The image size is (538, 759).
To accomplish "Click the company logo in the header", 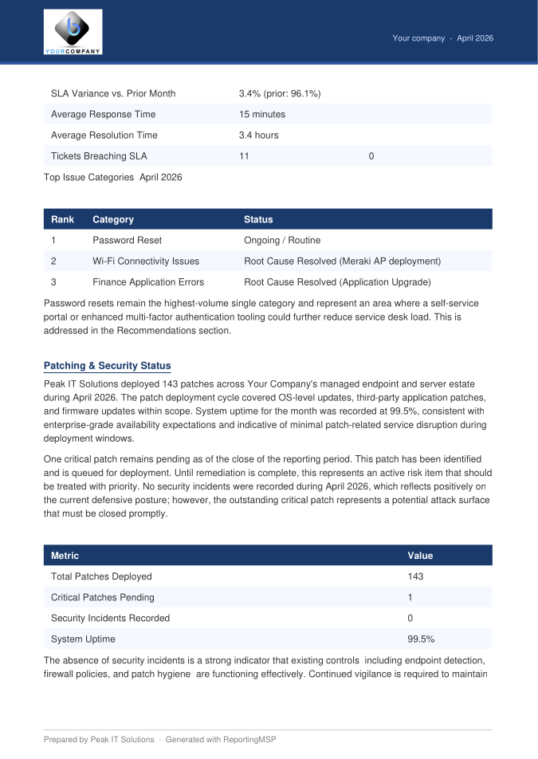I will [73, 32].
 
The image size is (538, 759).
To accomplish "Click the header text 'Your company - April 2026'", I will [442, 38].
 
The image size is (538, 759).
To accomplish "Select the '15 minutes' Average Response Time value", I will [261, 115].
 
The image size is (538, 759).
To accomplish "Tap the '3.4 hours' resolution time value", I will [258, 136].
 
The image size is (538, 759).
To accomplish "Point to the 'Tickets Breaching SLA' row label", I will [99, 156].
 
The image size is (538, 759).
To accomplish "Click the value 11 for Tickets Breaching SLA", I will [244, 156].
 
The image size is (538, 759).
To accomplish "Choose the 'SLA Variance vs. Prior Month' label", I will [113, 94].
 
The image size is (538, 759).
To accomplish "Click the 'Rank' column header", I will [62, 219].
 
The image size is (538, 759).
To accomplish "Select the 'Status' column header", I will [258, 219].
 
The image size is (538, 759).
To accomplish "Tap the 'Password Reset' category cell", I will [127, 240].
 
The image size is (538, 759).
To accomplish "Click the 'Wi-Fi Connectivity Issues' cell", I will [146, 261].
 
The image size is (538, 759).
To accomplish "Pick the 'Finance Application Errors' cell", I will [148, 281].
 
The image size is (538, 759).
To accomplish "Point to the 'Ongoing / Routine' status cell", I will [282, 240].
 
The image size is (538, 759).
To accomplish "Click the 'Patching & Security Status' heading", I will [107, 366].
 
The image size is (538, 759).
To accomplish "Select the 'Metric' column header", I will [65, 556].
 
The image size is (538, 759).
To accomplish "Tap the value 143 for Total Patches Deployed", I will [415, 576].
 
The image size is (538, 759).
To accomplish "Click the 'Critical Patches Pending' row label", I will [103, 597].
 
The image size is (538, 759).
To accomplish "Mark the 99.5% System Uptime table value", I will [421, 639].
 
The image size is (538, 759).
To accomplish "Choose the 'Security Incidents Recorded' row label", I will [110, 618].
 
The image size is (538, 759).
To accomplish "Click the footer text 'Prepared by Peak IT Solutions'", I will [99, 740].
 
